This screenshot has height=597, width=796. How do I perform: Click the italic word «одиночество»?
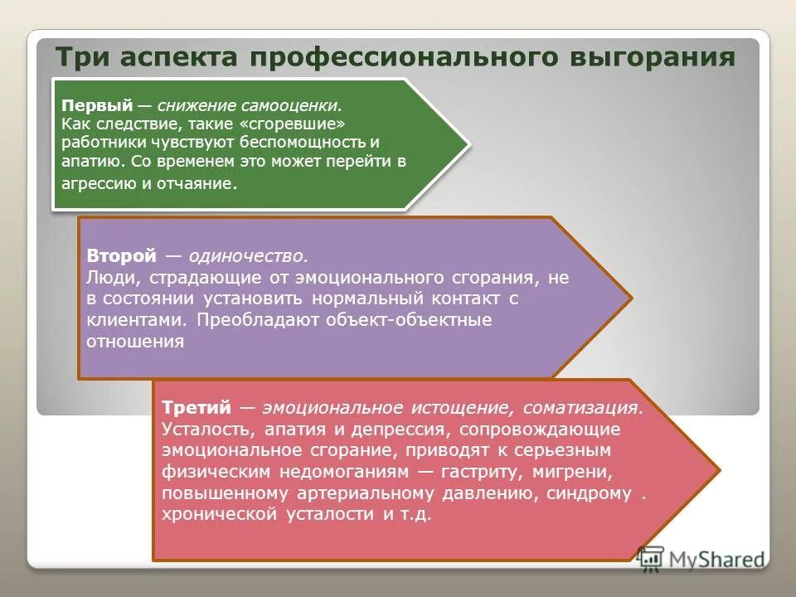(x=249, y=256)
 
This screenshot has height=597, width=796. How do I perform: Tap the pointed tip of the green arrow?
(x=469, y=146)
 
